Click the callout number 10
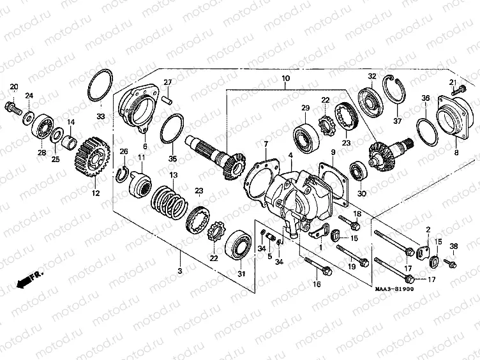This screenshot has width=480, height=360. pyautogui.click(x=285, y=79)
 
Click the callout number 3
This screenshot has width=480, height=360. pyautogui.click(x=180, y=271)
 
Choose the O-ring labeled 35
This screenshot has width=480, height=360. pyautogui.click(x=171, y=128)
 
